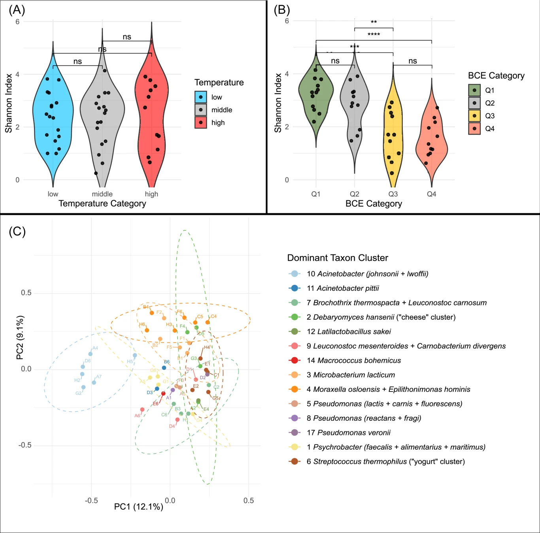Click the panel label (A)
click(x=17, y=10)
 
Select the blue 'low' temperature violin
click(x=53, y=119)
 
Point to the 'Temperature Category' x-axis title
click(x=102, y=203)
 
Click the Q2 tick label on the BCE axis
click(x=354, y=194)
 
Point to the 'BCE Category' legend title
click(x=496, y=75)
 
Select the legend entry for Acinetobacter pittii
click(x=343, y=288)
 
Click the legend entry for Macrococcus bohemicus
click(x=353, y=360)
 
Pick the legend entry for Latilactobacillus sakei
click(x=349, y=331)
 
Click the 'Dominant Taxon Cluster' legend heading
click(x=337, y=258)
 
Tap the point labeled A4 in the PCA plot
click(x=91, y=354)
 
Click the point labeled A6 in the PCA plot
click(x=142, y=410)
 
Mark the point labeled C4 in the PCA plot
click(x=208, y=322)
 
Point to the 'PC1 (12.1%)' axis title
click(x=138, y=507)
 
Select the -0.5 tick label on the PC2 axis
click(x=25, y=445)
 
